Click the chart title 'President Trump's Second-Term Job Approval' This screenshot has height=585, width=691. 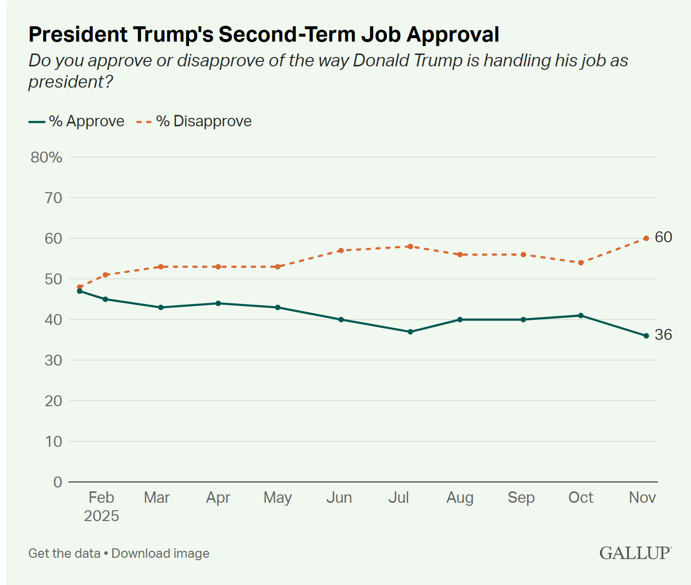tap(264, 35)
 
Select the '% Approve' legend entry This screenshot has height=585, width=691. tap(77, 121)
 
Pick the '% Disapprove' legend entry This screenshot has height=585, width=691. tap(194, 121)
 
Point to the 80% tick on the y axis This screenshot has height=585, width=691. tap(47, 158)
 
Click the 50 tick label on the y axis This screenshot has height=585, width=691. tap(53, 279)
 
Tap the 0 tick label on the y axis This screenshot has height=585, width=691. tap(58, 482)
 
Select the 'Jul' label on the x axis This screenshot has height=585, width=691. tap(398, 497)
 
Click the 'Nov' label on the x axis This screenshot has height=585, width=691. tap(642, 497)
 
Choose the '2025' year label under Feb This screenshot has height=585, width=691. tap(102, 516)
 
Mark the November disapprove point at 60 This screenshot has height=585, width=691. tap(646, 238)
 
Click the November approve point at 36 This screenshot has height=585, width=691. tap(646, 336)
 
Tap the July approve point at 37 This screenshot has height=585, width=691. tap(410, 332)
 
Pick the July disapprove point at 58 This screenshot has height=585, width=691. tap(410, 246)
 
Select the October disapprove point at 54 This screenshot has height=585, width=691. tap(581, 263)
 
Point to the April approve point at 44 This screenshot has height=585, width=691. tap(218, 303)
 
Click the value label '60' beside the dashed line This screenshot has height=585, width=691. tap(663, 237)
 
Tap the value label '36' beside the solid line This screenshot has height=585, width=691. tap(663, 335)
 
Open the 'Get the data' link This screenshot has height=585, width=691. tap(64, 553)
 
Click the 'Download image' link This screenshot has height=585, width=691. tap(160, 553)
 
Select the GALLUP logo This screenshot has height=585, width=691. tap(636, 553)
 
